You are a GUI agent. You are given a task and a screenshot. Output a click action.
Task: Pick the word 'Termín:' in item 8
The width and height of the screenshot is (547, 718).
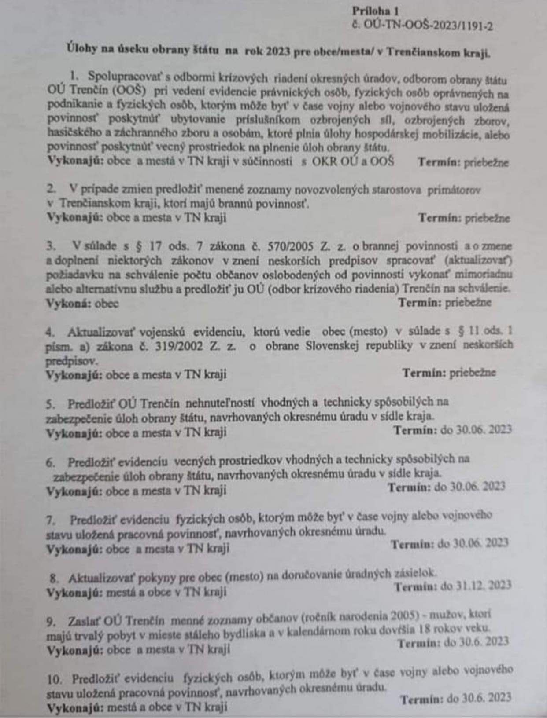[x=415, y=587]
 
